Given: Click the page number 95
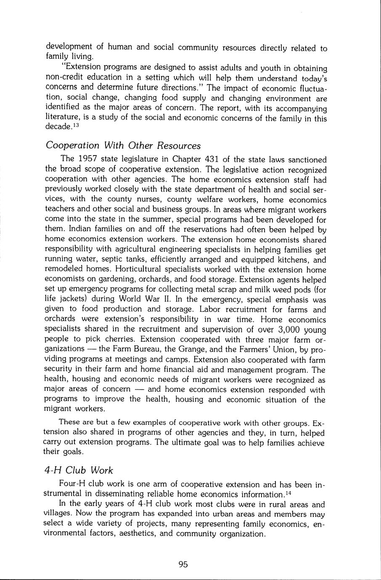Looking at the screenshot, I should point(183,564).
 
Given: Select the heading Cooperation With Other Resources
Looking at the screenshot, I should point(123,145).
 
